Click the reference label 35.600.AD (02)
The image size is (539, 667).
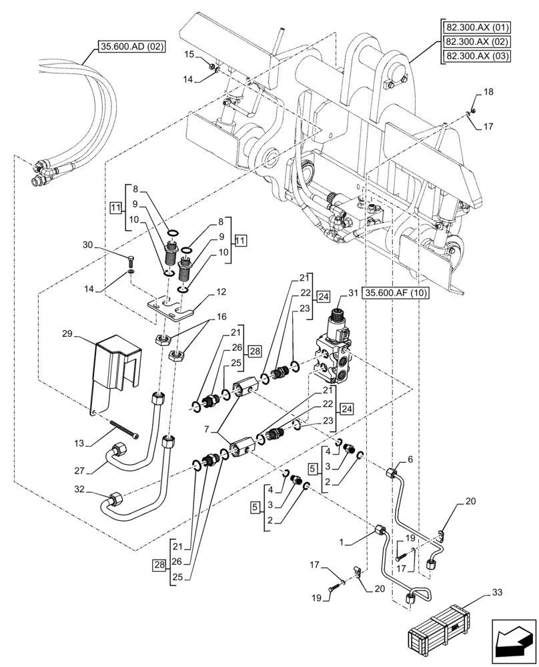(131, 47)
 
